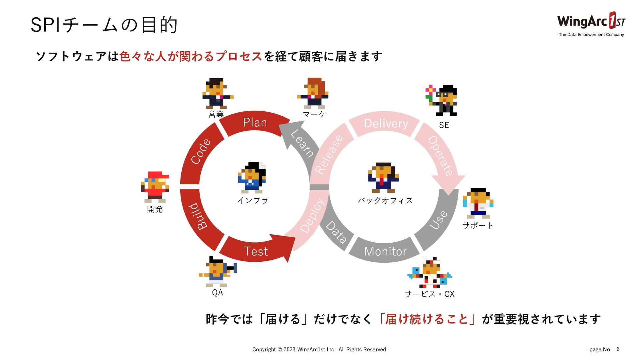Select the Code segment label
pos(201,152)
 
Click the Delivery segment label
pos(386,124)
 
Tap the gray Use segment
pos(438,220)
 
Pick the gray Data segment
pos(336,232)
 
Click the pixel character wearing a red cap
pos(155,187)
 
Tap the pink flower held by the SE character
pos(430,89)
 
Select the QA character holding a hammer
pos(218,272)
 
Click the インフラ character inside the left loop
pos(252,178)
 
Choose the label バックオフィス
pos(385,201)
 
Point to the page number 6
pos(618,349)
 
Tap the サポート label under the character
pos(478,226)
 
